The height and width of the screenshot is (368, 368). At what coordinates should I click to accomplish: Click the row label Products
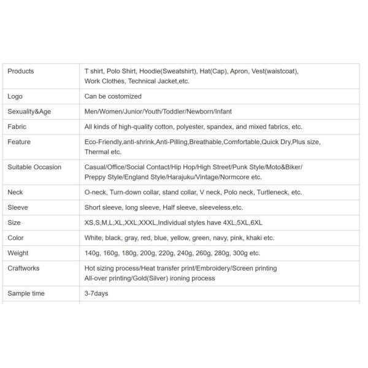tap(21, 71)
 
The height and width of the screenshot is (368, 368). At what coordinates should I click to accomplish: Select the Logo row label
tap(15, 96)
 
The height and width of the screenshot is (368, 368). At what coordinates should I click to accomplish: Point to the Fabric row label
tap(17, 127)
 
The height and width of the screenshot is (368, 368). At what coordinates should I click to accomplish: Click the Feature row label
tap(19, 142)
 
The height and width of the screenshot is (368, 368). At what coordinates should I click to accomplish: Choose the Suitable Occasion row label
tap(34, 167)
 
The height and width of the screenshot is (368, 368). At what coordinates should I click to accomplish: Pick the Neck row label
tap(15, 192)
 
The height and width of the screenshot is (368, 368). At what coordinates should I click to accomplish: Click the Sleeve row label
tap(18, 207)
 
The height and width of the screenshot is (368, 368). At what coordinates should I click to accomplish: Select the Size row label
tap(14, 223)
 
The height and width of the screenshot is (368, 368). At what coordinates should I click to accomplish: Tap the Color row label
tap(16, 238)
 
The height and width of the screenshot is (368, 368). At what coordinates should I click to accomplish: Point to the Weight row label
tap(18, 253)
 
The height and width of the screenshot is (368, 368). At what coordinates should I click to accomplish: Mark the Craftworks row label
tap(25, 268)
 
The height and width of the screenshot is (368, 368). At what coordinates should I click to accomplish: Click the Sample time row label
tap(26, 293)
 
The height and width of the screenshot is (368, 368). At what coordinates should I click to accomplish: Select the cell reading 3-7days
tap(96, 293)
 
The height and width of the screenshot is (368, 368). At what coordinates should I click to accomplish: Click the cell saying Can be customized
tap(113, 96)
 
